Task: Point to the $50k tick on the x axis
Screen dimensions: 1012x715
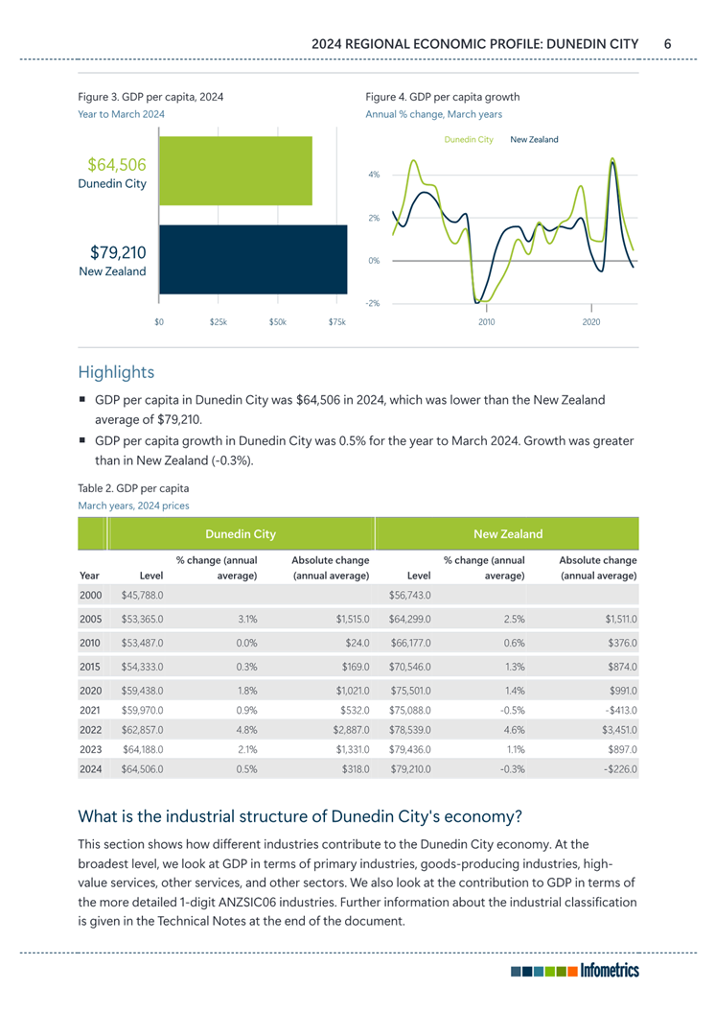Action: (277, 321)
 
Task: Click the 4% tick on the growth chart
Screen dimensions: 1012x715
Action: (374, 175)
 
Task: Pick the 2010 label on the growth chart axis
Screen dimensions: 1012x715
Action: (486, 321)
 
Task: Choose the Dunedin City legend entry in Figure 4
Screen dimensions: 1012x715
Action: (469, 140)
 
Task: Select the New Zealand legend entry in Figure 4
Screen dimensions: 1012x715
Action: (534, 140)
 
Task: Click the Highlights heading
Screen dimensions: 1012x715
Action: (116, 371)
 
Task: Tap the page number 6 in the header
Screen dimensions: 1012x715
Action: (667, 43)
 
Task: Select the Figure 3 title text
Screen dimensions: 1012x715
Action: (150, 97)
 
